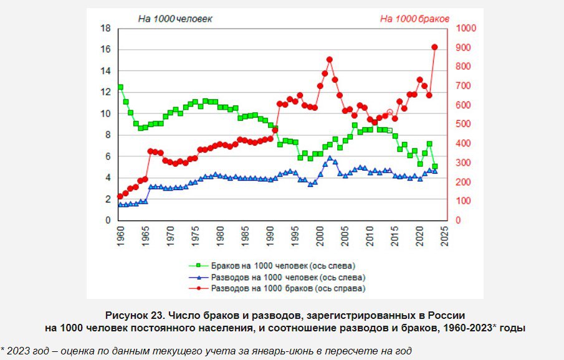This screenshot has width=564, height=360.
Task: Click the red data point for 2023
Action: [435, 47]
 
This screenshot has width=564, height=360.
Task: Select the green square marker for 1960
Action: [120, 87]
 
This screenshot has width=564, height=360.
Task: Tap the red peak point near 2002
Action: [330, 60]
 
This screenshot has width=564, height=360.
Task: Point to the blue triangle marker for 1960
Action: [120, 204]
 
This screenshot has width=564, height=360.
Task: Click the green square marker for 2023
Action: [435, 166]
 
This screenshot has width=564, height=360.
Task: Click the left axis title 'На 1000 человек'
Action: [175, 19]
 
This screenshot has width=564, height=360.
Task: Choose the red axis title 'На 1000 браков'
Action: [414, 19]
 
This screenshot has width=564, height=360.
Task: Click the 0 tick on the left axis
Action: [108, 220]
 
